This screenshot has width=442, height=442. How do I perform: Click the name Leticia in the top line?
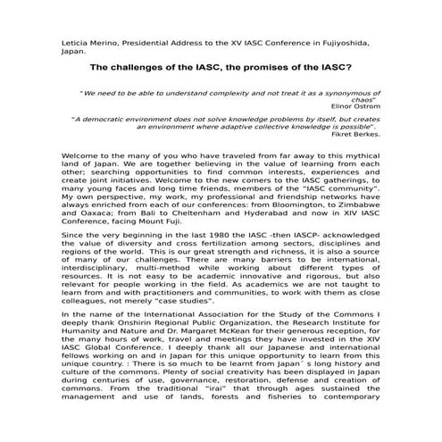pyautogui.click(x=73, y=42)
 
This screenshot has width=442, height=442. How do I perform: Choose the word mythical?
pyautogui.click(x=363, y=163)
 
